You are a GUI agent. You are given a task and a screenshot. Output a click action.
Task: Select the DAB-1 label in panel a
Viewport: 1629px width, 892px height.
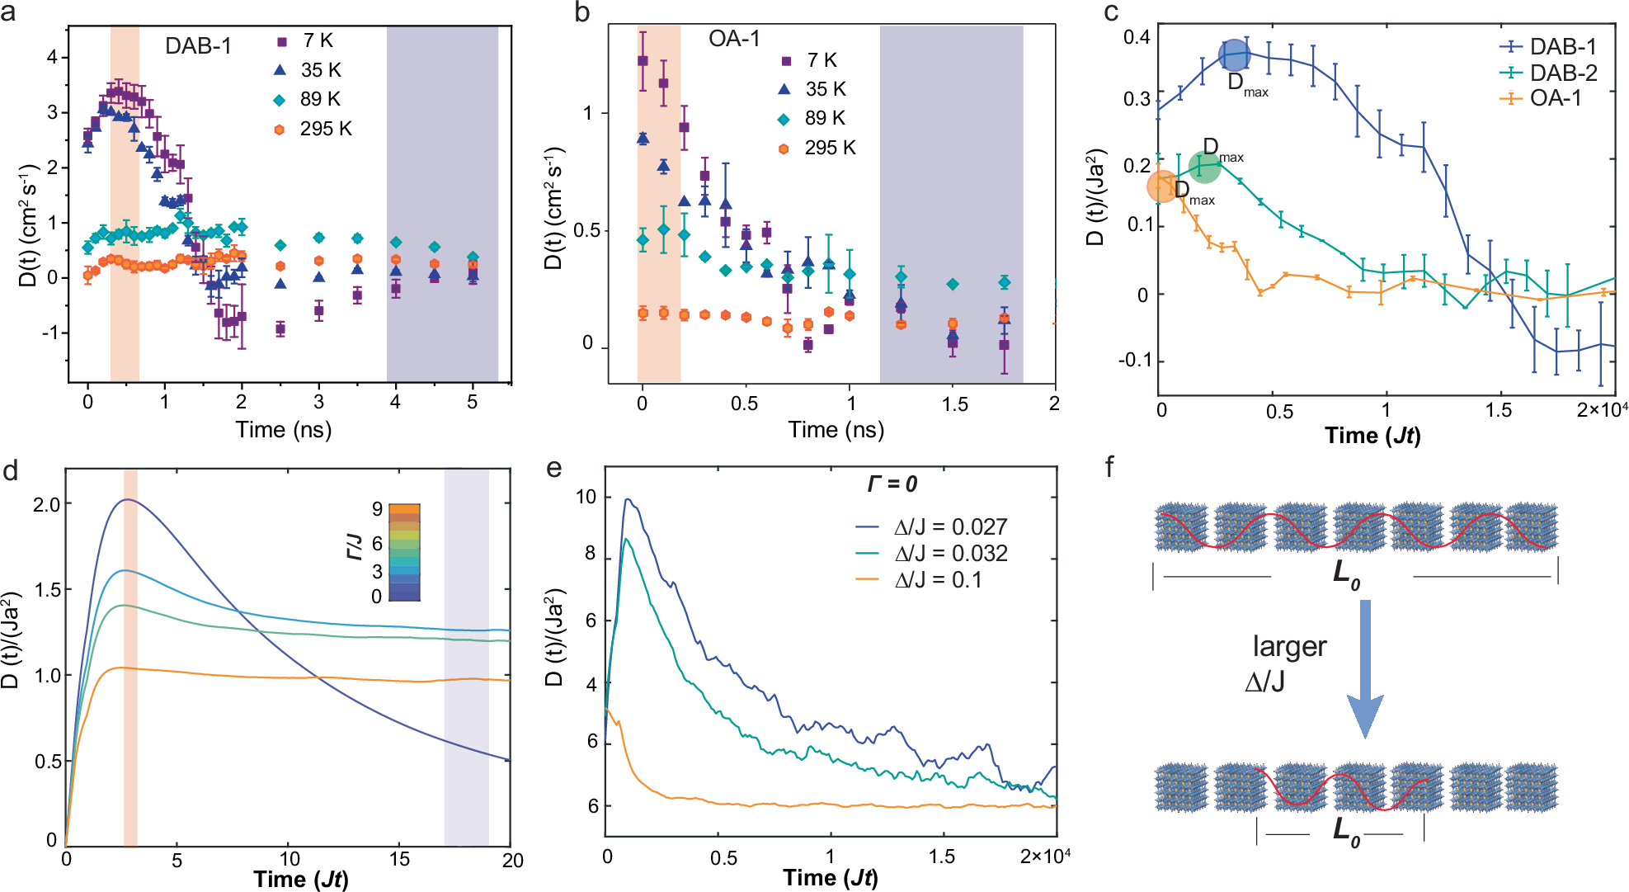(x=198, y=45)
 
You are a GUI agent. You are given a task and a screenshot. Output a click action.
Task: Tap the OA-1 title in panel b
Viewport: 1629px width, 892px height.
(x=734, y=39)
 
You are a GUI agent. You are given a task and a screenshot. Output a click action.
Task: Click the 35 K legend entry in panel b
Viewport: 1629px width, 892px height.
(x=813, y=89)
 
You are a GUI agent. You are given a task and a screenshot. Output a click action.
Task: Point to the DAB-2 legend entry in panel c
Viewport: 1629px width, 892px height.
(x=1548, y=73)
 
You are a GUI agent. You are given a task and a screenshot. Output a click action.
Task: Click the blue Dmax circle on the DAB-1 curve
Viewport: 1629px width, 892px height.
(x=1234, y=55)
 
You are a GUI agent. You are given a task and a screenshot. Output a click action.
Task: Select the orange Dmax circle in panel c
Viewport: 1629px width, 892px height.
(x=1163, y=186)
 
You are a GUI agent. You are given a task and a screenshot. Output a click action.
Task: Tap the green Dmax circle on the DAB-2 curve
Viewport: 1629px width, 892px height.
(x=1204, y=168)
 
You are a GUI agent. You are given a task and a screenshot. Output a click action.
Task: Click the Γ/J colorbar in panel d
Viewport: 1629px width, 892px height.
(x=404, y=552)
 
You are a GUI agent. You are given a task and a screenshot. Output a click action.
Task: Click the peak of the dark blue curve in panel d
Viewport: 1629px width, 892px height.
(x=127, y=499)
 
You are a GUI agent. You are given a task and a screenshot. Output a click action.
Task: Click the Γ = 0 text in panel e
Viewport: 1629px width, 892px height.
(x=892, y=484)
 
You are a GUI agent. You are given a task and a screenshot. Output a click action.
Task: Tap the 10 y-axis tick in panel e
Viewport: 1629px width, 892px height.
(x=586, y=497)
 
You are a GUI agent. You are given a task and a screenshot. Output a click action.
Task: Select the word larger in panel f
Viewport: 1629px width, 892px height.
(x=1289, y=646)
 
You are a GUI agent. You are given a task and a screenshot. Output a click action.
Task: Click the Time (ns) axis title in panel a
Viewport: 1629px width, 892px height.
(x=283, y=429)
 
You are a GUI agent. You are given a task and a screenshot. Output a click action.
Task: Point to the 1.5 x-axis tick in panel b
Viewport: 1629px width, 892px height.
(x=953, y=404)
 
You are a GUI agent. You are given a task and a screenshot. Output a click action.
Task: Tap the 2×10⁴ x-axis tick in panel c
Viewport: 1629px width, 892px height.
(x=1601, y=409)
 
